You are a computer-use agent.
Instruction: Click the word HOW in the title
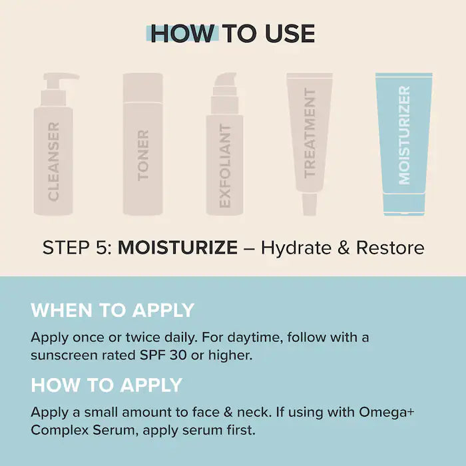pos(183,33)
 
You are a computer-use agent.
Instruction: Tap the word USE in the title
pos(290,33)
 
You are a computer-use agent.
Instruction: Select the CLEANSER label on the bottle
pos(53,161)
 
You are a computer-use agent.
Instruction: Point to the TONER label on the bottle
pos(143,155)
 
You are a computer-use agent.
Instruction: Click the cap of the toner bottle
pos(143,87)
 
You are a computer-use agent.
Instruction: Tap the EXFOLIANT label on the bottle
pos(225,166)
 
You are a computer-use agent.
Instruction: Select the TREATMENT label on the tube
pos(310,133)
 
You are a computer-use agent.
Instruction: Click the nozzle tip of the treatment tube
pos(310,204)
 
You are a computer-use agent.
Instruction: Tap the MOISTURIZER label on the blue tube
pos(404,135)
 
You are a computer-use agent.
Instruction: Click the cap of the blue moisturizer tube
pos(404,204)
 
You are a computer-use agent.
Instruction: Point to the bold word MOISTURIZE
pos(178,247)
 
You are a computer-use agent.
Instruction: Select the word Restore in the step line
pos(390,247)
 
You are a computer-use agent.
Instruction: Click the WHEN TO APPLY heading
pos(113,310)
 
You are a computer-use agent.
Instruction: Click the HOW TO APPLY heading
pos(107,385)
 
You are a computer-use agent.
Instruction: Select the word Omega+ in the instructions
pos(387,412)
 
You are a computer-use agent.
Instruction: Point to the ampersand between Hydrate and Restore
pos(344,248)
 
